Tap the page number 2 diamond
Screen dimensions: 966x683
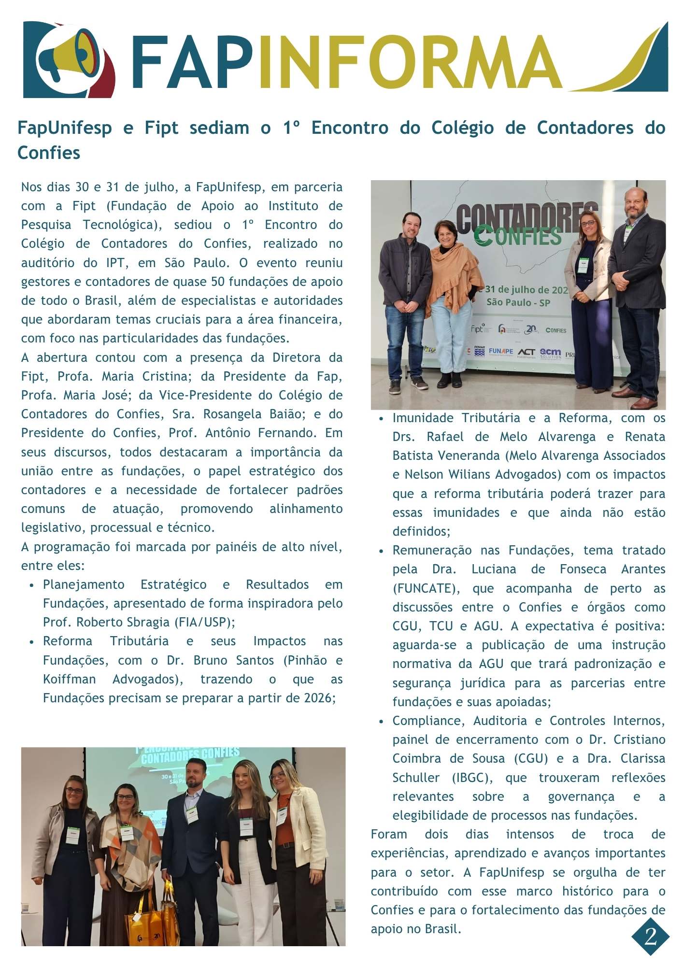point(650,937)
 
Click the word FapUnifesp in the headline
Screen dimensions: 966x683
point(65,128)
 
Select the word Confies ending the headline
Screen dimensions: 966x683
point(49,153)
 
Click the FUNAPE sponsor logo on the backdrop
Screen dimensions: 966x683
point(501,351)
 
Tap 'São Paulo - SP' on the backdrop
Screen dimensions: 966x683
point(518,303)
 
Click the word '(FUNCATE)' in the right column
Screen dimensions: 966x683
point(426,589)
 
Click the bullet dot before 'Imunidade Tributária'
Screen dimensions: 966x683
point(381,419)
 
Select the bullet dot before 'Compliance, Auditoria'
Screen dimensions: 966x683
point(381,722)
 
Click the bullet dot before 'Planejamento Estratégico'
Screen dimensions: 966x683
point(31,585)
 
